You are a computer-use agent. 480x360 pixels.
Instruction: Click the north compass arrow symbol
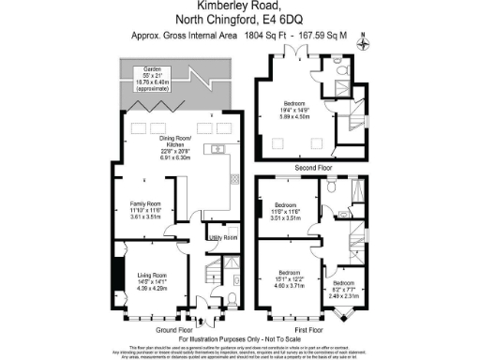[x=365, y=40]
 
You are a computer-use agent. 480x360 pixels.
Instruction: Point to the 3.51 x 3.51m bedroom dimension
[x=285, y=217]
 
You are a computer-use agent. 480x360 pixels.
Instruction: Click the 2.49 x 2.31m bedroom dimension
[x=343, y=296]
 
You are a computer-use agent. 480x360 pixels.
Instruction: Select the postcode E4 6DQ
[x=273, y=22]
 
